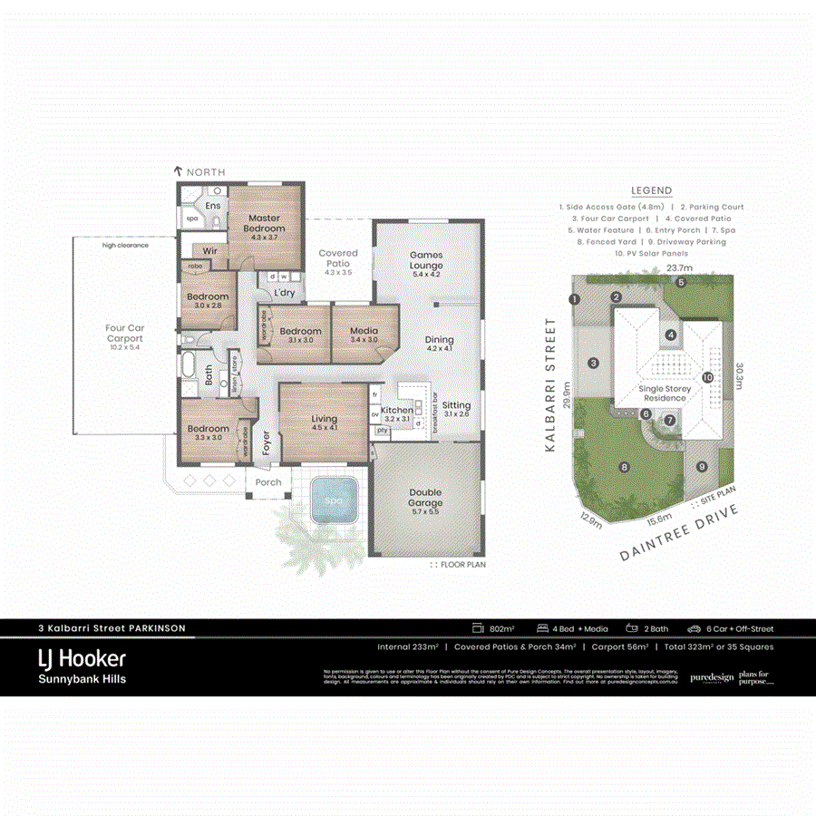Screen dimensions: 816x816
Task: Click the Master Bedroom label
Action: click(263, 223)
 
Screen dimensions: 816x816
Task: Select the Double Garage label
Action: click(424, 497)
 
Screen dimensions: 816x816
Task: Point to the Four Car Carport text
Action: click(124, 333)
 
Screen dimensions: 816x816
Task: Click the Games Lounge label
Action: click(425, 260)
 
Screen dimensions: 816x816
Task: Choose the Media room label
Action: click(364, 331)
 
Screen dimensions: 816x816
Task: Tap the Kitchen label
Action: click(396, 411)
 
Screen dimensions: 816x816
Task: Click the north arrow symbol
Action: click(180, 171)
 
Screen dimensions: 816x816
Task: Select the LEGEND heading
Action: click(651, 190)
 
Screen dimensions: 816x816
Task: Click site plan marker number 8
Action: click(624, 467)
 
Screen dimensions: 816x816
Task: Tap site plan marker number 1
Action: click(574, 299)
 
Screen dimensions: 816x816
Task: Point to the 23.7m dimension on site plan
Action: click(680, 268)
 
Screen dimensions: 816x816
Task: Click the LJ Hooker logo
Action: click(82, 658)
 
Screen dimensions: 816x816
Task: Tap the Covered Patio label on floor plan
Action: click(338, 258)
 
